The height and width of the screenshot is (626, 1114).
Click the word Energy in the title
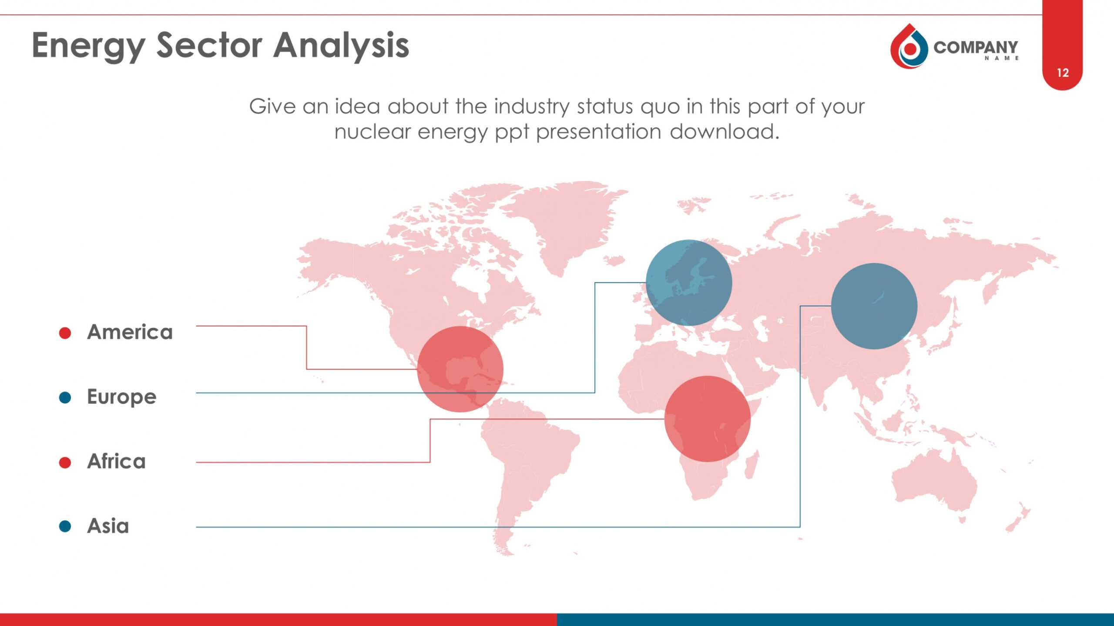pos(89,46)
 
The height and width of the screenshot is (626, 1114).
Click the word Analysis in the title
pos(342,46)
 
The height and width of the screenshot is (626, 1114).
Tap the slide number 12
pos(1063,73)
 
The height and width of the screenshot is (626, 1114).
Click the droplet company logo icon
pos(909,46)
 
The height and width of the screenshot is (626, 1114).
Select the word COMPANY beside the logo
pos(976,47)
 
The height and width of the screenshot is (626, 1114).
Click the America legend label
pos(130,332)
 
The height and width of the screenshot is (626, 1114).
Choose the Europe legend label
pos(122,397)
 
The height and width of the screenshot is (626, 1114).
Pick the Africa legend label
pos(116,461)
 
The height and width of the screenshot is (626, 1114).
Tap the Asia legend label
pos(108,526)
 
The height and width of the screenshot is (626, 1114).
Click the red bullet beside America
pos(65,333)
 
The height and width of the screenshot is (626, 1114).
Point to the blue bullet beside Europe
pos(65,397)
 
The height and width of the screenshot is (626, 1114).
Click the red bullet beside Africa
pos(65,462)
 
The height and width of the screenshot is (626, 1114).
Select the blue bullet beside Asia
pos(65,526)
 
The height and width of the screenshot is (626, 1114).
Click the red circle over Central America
pos(460,369)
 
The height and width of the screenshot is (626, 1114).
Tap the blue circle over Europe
pos(689,283)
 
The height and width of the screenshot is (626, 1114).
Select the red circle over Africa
pos(708,419)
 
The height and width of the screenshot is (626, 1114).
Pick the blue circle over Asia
pos(874,306)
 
